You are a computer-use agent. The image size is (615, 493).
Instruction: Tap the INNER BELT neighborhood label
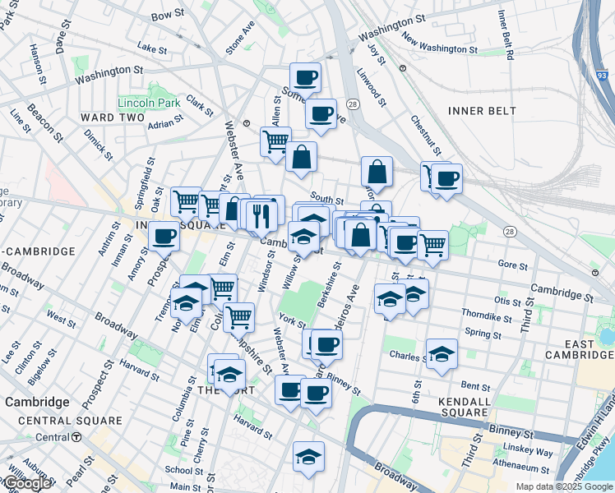tap(483, 110)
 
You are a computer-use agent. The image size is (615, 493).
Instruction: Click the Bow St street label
tap(168, 15)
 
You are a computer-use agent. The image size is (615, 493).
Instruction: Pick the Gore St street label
tap(512, 264)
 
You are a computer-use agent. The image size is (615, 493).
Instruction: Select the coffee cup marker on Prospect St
tap(164, 237)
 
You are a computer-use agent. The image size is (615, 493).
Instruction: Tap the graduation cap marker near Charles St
tap(442, 354)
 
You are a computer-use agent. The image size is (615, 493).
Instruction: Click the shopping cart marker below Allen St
tap(275, 141)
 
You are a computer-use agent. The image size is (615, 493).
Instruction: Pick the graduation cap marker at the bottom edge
tap(308, 457)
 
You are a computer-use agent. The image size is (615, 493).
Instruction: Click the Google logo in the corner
tap(27, 483)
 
